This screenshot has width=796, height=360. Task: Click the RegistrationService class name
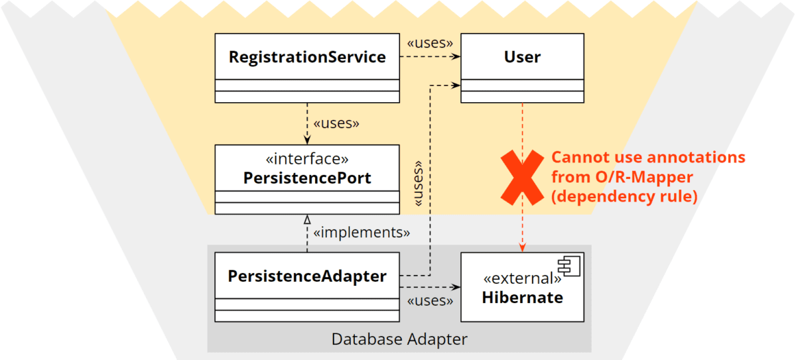point(307,57)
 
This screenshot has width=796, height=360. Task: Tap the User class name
point(522,57)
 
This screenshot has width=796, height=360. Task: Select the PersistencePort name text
point(307,178)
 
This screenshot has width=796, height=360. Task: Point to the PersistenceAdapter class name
point(307,276)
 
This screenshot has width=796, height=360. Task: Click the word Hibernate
point(522,297)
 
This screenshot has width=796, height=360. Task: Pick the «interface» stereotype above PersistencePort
point(307,160)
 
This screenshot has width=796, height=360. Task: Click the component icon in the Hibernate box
point(568,268)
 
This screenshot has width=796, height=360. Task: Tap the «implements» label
point(361,233)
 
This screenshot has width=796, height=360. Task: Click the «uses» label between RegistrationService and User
point(430,43)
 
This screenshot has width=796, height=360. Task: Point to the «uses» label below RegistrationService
point(336,123)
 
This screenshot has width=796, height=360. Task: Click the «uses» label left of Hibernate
point(430,301)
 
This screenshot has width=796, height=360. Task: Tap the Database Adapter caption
point(399,339)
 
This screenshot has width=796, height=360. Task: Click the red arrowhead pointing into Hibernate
point(523,247)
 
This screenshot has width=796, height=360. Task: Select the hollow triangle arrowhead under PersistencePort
point(307,219)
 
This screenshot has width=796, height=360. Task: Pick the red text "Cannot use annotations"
point(648,158)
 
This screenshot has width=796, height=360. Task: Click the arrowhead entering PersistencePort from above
point(307,139)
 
